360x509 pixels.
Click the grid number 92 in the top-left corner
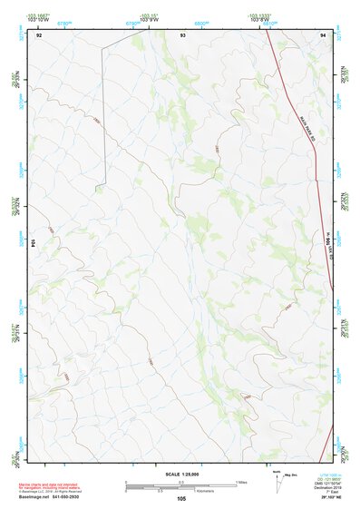click(x=39, y=34)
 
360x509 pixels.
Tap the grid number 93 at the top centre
click(x=183, y=34)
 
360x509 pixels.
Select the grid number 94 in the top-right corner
click(x=324, y=34)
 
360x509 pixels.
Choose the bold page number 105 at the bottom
click(x=182, y=498)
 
